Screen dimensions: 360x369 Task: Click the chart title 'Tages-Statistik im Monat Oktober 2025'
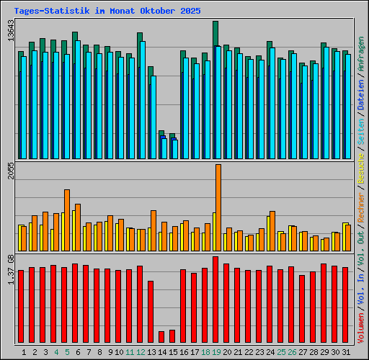click(107, 12)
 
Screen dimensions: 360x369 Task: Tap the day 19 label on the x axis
click(217, 352)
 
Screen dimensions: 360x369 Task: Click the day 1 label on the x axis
click(24, 352)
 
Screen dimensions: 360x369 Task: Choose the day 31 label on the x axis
click(347, 352)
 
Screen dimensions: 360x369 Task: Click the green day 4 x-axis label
click(55, 352)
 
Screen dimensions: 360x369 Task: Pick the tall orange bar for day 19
click(218, 207)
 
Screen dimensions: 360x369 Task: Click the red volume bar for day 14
click(161, 337)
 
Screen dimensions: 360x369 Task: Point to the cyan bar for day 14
click(164, 148)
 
